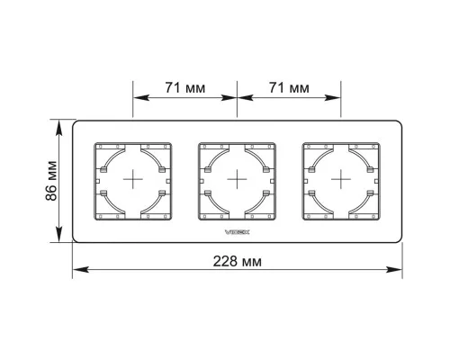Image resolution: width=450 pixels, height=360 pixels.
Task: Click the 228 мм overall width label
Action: pyautogui.click(x=237, y=261)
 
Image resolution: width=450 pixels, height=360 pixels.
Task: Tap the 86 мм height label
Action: pyautogui.click(x=51, y=181)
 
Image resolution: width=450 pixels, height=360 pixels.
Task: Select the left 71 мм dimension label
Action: pyautogui.click(x=185, y=87)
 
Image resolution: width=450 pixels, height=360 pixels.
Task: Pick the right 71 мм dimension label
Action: pyautogui.click(x=289, y=87)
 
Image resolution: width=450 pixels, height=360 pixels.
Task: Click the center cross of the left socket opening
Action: pyautogui.click(x=133, y=179)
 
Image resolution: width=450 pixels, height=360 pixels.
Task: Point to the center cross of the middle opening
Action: pyautogui.click(x=237, y=179)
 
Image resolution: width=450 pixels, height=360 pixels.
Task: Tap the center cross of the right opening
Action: pyautogui.click(x=341, y=179)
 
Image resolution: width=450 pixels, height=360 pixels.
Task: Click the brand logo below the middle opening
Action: pyautogui.click(x=237, y=231)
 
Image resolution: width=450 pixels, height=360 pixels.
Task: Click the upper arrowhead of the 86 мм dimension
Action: pyautogui.click(x=59, y=128)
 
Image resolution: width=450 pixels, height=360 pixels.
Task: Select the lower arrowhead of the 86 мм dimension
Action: pyautogui.click(x=59, y=234)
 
